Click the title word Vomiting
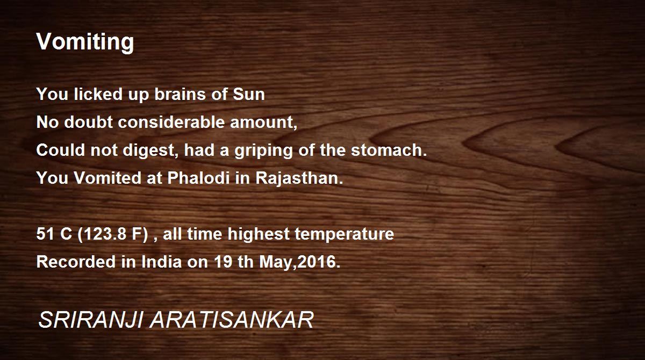coord(85,42)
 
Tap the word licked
coord(98,94)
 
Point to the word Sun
coord(249,94)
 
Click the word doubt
coord(88,122)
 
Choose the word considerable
coord(171,122)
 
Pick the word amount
coord(263,123)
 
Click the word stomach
coord(389,150)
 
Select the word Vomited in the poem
coord(107,177)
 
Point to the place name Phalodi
coord(198,177)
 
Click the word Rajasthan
coord(299,178)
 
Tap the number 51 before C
coord(45,233)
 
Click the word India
coord(162,262)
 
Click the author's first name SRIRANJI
coord(91,320)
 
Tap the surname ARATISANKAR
coord(232,320)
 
